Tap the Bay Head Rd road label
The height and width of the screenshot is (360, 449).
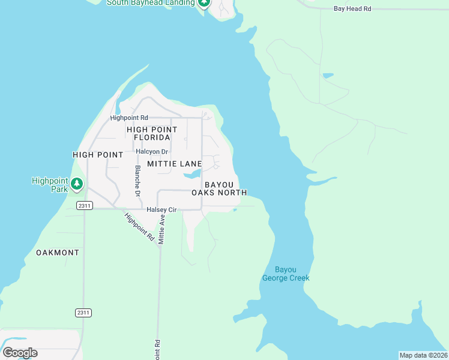(x=353, y=8)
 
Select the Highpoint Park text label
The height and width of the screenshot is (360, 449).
(x=50, y=184)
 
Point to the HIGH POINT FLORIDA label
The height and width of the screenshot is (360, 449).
(x=152, y=133)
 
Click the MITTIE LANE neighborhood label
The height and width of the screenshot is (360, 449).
(x=175, y=164)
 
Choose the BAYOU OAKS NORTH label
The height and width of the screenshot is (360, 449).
(x=219, y=188)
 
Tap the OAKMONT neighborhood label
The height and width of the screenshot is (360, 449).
(x=58, y=253)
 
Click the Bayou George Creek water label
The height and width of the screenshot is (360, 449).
(x=286, y=274)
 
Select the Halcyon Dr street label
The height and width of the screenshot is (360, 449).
(x=152, y=152)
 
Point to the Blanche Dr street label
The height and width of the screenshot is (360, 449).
(x=137, y=181)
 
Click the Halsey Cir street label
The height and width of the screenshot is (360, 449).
(x=161, y=210)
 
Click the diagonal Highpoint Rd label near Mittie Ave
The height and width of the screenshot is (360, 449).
(x=140, y=227)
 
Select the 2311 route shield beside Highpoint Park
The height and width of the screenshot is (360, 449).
(x=84, y=205)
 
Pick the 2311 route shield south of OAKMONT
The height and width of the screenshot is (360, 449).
(x=84, y=313)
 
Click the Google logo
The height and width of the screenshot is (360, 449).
(x=20, y=353)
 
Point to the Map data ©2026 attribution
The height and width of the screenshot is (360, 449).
(x=423, y=355)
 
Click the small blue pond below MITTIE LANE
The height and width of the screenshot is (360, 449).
(x=191, y=175)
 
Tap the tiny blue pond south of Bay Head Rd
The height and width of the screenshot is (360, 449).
(x=328, y=76)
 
